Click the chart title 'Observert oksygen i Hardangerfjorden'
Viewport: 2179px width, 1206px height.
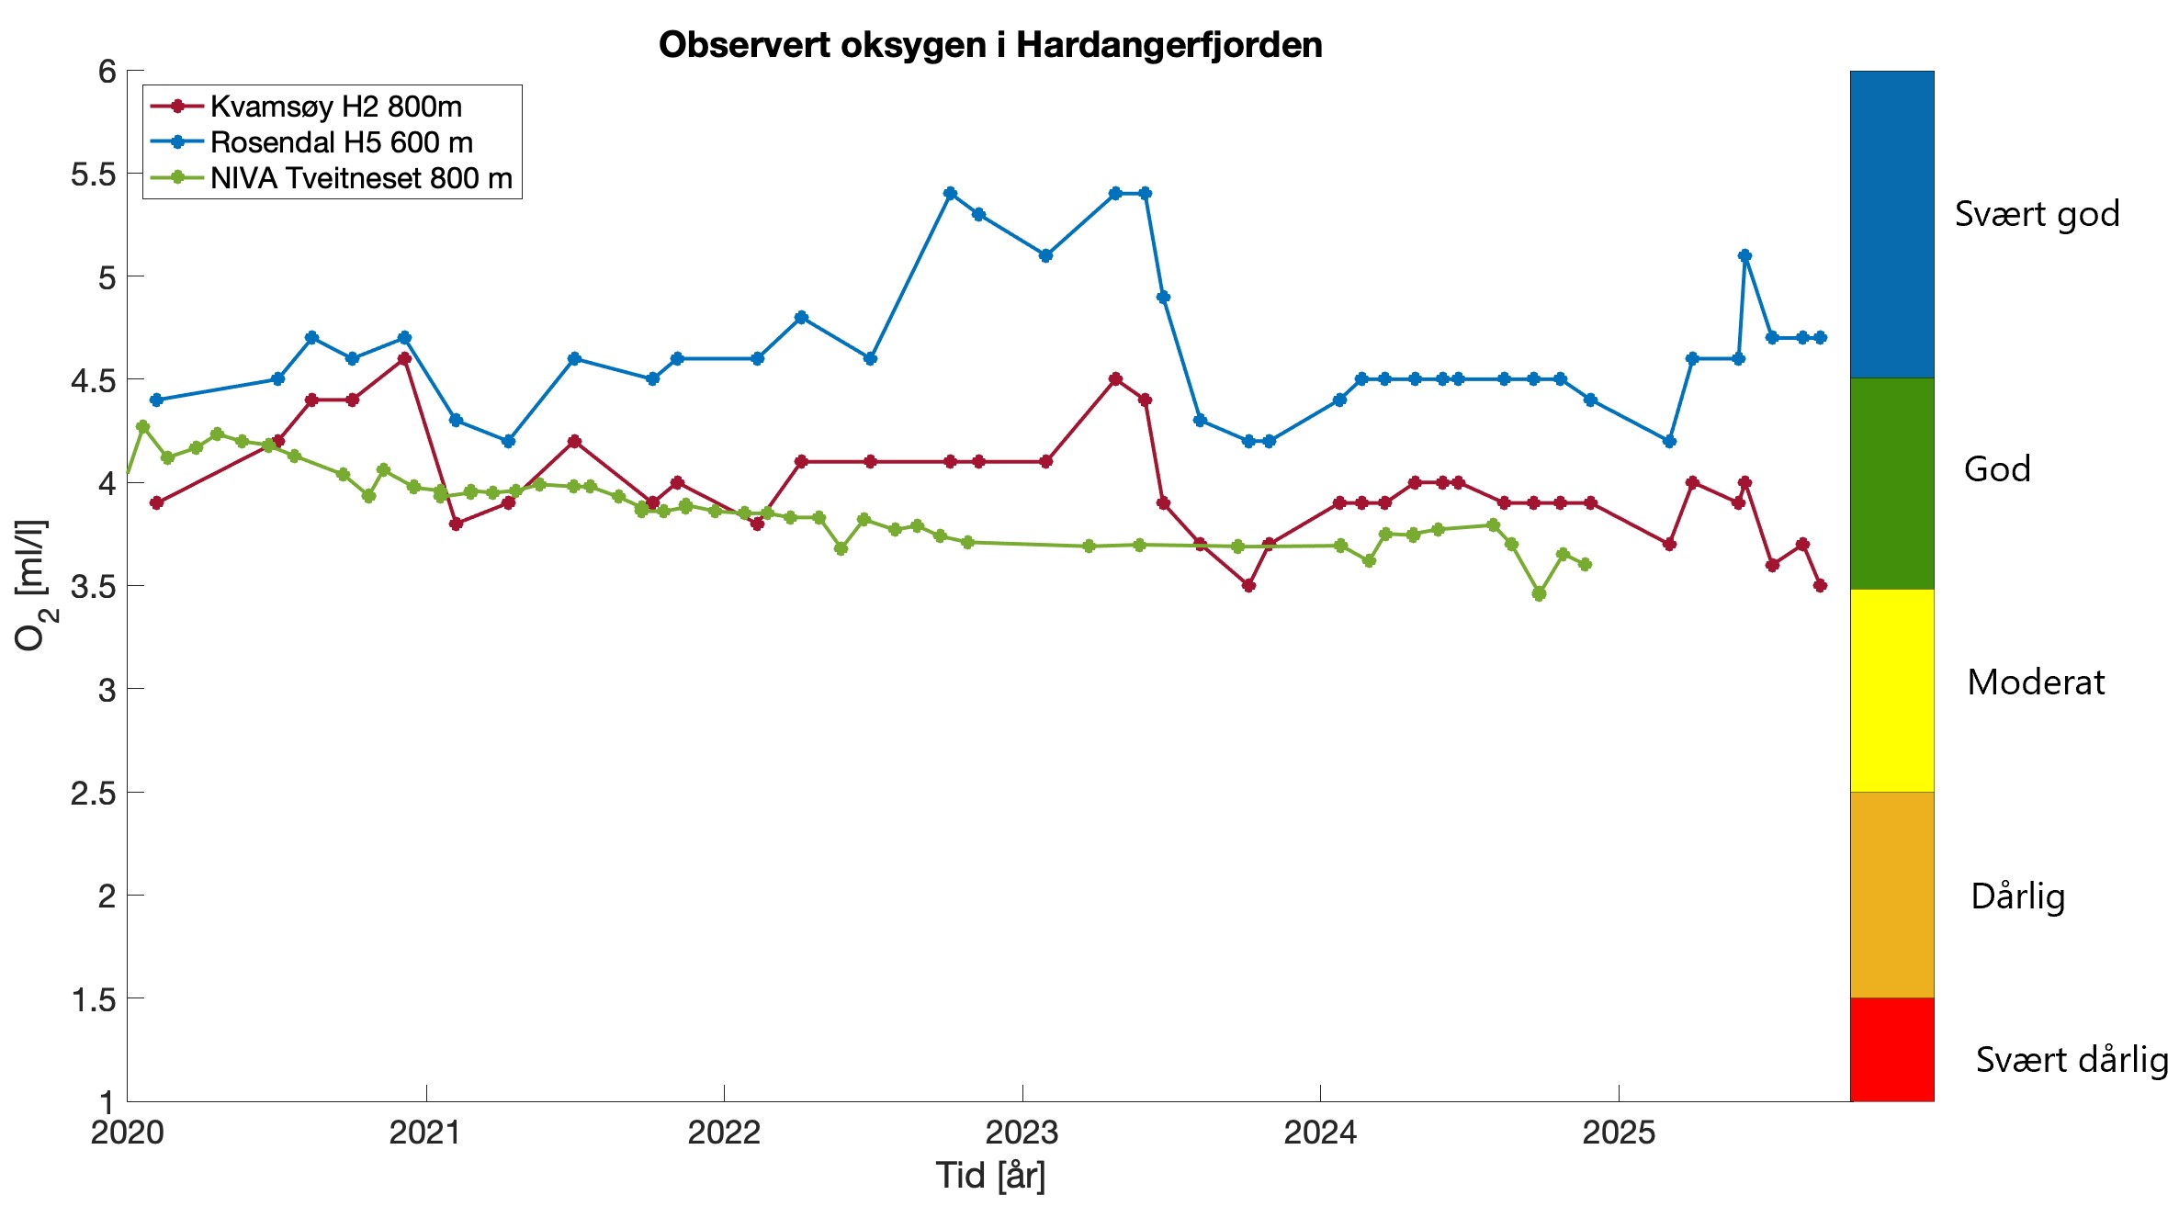tap(990, 45)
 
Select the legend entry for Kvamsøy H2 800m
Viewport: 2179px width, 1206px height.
tap(335, 107)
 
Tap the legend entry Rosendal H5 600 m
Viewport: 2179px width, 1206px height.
tap(341, 142)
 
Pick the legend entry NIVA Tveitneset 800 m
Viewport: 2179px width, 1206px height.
tap(360, 178)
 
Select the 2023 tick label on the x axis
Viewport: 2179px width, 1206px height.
tap(1022, 1133)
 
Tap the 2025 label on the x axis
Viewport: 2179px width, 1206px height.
tap(1618, 1133)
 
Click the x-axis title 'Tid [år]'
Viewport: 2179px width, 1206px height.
tap(990, 1176)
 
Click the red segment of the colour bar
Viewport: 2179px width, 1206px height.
tap(1891, 1049)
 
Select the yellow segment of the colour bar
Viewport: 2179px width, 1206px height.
tap(1891, 690)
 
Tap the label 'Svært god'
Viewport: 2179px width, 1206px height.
tap(2037, 214)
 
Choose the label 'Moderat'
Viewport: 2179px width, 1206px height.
tap(2036, 682)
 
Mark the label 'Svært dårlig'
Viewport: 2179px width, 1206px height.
tap(2072, 1060)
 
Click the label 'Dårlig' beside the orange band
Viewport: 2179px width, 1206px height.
tap(2017, 896)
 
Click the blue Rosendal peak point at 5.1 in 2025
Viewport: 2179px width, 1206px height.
tap(1744, 255)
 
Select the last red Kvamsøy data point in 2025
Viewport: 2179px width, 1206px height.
tap(1820, 585)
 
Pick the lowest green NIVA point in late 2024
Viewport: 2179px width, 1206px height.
tap(1539, 594)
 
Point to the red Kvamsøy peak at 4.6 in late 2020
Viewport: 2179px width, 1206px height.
tap(404, 358)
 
